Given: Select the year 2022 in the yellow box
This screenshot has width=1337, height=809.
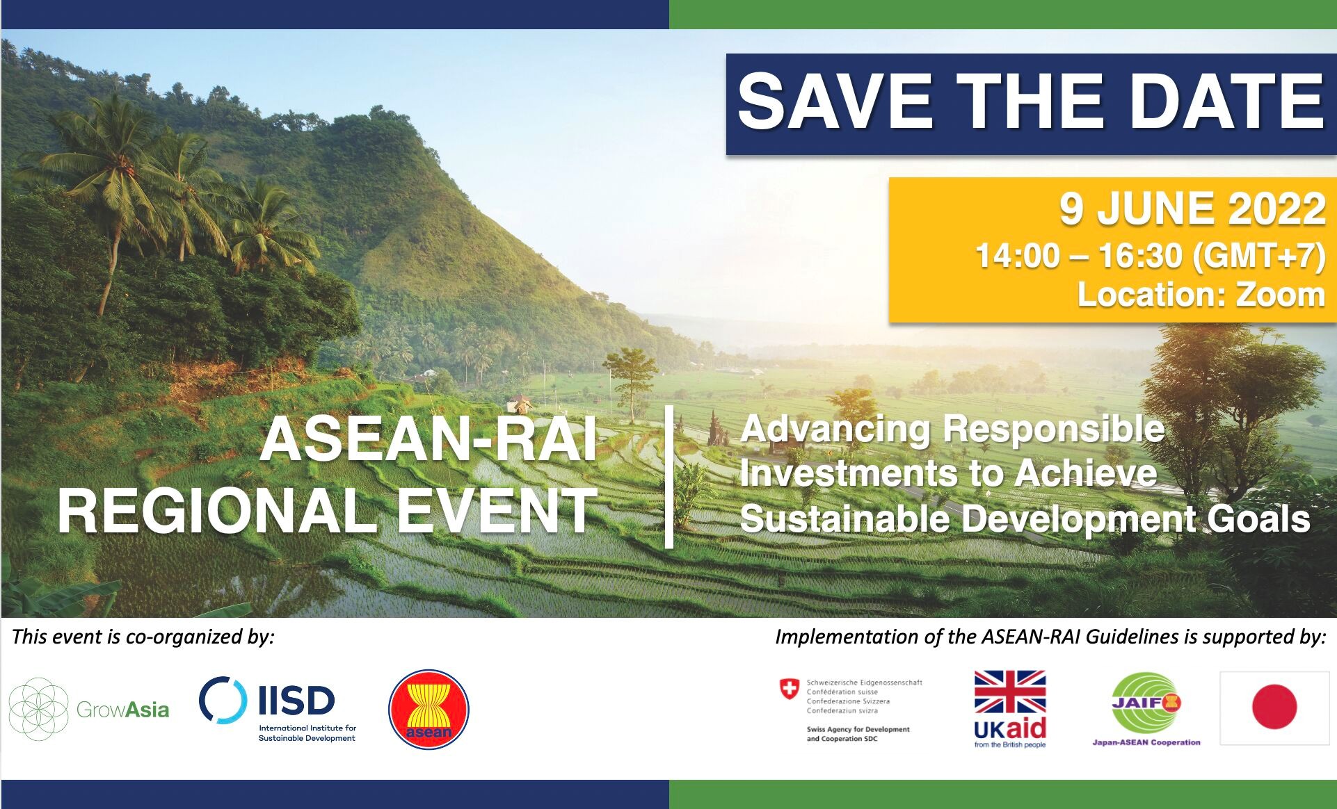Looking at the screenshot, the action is click(x=1276, y=209).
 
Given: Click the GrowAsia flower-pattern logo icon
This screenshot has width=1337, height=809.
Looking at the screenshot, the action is click(x=38, y=710).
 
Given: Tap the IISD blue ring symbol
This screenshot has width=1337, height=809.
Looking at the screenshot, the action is click(x=223, y=700).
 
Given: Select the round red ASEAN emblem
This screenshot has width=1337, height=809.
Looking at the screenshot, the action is click(x=429, y=709).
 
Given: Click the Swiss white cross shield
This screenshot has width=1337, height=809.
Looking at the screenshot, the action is click(x=790, y=689).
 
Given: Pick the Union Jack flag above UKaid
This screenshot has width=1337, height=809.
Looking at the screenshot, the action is click(x=1010, y=692).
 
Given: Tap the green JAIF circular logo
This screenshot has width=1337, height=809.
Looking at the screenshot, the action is click(x=1146, y=703).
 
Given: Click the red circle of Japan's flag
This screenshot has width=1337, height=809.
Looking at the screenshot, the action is click(x=1274, y=707).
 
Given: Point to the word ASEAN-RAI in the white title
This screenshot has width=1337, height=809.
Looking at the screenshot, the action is click(x=429, y=440).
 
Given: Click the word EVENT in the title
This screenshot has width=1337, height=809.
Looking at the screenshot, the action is click(x=497, y=511).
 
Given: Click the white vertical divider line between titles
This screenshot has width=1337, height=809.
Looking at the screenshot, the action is click(x=669, y=477).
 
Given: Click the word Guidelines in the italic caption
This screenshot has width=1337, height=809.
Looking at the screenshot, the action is click(x=1127, y=637).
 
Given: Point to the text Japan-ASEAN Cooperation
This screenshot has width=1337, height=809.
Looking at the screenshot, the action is click(x=1146, y=742).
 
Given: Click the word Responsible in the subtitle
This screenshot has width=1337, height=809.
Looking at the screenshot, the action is click(x=1055, y=430).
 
